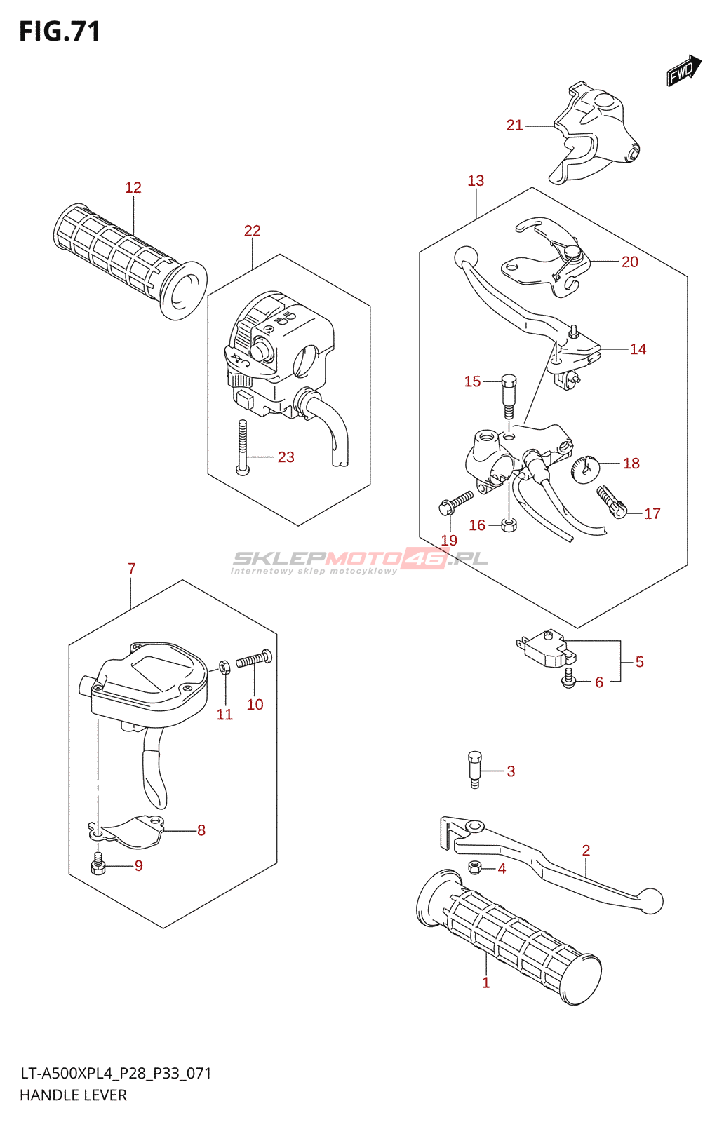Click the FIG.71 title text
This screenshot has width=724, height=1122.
coord(60,32)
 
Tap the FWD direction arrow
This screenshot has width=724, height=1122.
coord(683,70)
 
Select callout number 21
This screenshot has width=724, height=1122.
coord(514,126)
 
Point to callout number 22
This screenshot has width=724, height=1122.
coord(252,231)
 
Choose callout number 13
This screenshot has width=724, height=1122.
coord(476,181)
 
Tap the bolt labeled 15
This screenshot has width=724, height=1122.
coord(509,396)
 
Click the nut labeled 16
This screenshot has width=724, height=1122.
coord(509,525)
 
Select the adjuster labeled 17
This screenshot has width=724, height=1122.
coord(611,502)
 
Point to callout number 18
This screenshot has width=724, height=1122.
coord(631,464)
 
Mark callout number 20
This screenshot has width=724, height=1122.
coord(629,262)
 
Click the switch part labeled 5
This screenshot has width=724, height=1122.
coord(547,647)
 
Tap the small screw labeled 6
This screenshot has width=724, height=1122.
coord(569,678)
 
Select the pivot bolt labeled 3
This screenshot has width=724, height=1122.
coord(475,769)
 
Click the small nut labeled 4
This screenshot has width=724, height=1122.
coord(475,868)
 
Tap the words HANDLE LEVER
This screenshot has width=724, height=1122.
coord(74,1095)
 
